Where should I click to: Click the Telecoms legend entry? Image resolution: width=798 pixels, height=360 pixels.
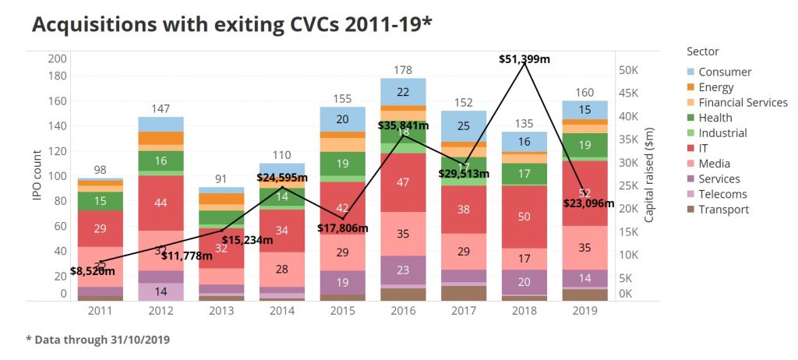tap(722, 194)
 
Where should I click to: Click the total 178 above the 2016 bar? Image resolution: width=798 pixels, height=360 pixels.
tap(402, 71)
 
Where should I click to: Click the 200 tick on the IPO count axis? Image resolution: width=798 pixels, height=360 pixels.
tap(57, 58)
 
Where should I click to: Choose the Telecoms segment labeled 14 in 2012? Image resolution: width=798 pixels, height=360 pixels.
tap(161, 291)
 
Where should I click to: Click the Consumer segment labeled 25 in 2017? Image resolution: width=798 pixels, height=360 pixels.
tap(464, 125)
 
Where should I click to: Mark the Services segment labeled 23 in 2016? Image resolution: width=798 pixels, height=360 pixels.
tap(402, 271)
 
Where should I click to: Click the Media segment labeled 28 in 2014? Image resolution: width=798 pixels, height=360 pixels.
tap(281, 270)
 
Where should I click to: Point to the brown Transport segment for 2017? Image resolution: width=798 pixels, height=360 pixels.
tap(464, 293)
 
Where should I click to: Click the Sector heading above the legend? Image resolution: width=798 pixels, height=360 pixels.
tap(703, 51)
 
